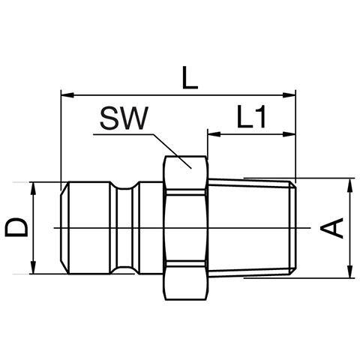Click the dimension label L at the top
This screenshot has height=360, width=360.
coord(190,77)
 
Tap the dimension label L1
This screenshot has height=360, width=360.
coord(251,116)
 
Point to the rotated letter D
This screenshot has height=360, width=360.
coord(16,227)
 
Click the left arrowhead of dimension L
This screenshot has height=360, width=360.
coord(67,95)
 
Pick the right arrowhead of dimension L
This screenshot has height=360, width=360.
coord(289,95)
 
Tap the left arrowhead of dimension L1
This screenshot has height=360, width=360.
coord(214,134)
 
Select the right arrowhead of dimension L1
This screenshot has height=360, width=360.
coord(289,134)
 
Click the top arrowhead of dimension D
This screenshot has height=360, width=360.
coord(33,188)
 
